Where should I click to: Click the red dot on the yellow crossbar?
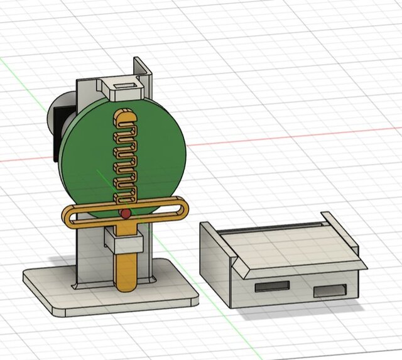click(x=126, y=214)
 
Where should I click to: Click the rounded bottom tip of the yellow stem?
click(x=126, y=285)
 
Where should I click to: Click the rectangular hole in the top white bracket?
click(x=126, y=85)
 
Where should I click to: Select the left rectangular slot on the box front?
click(x=272, y=286)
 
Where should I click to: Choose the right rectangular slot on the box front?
click(x=329, y=291)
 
